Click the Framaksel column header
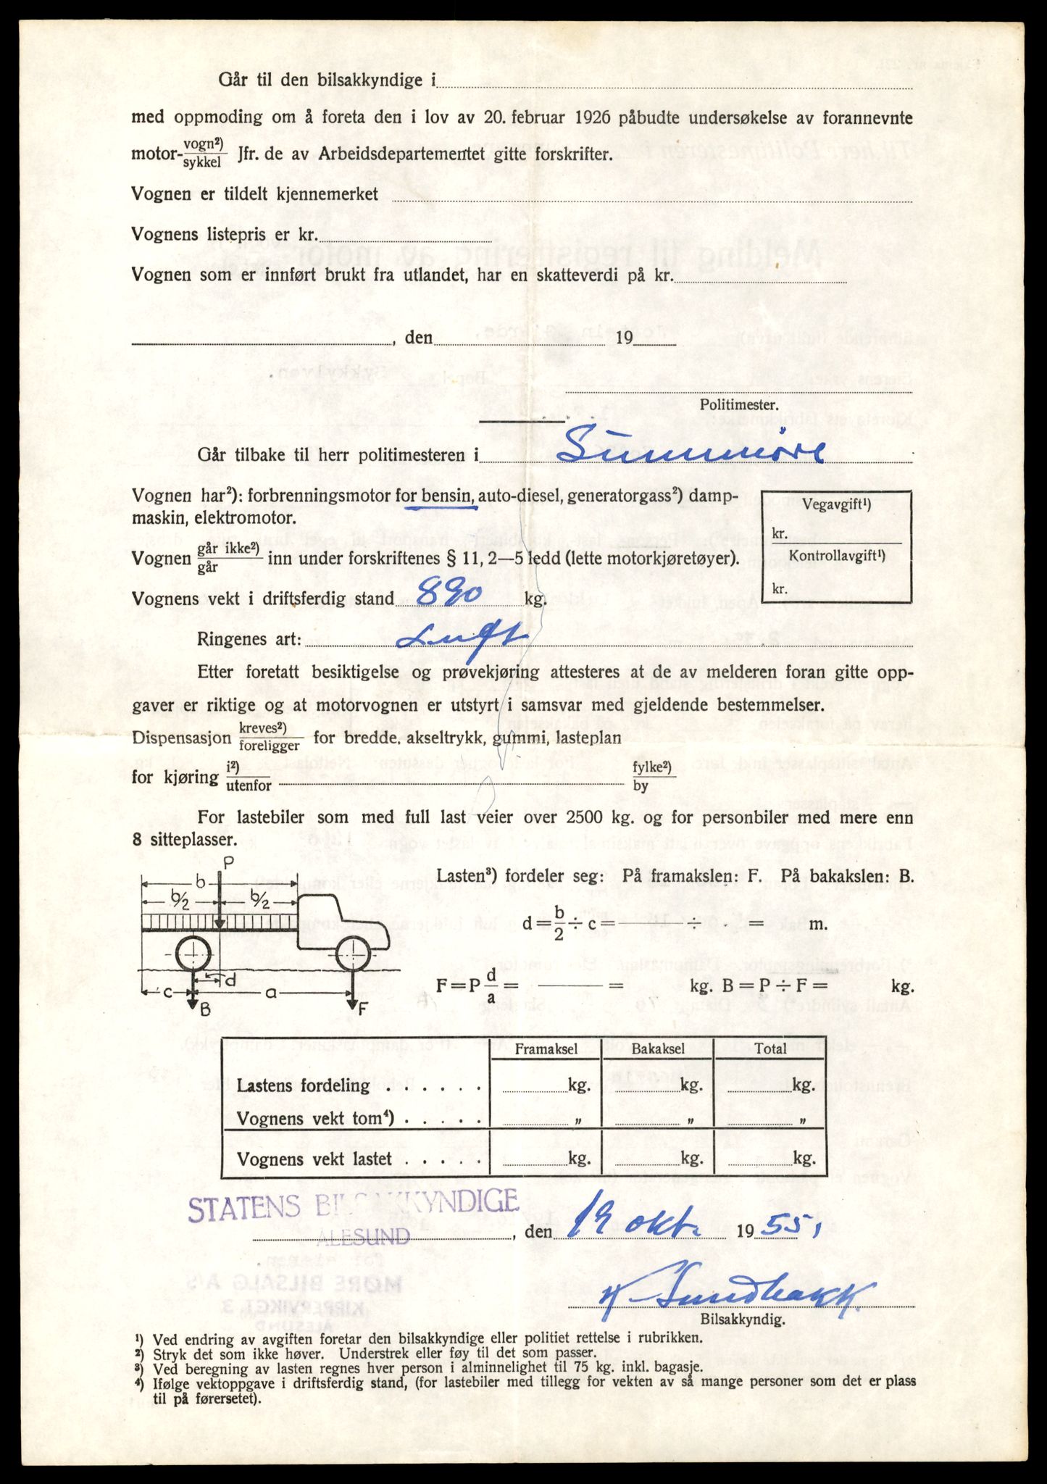click(546, 1049)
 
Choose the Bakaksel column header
click(657, 1049)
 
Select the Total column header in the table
click(769, 1049)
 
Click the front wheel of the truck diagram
click(353, 955)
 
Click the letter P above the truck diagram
click(229, 862)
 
